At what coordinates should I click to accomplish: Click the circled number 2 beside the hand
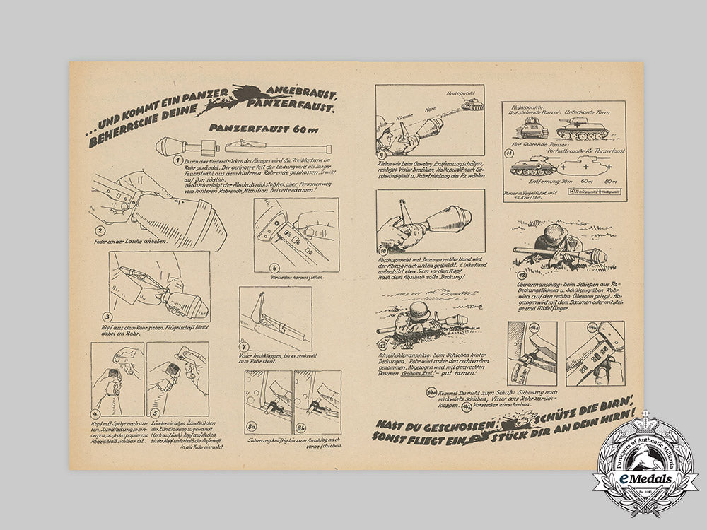coord(100,230)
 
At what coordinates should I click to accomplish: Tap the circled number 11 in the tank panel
coord(508,153)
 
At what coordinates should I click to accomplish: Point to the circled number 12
coord(522,275)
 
